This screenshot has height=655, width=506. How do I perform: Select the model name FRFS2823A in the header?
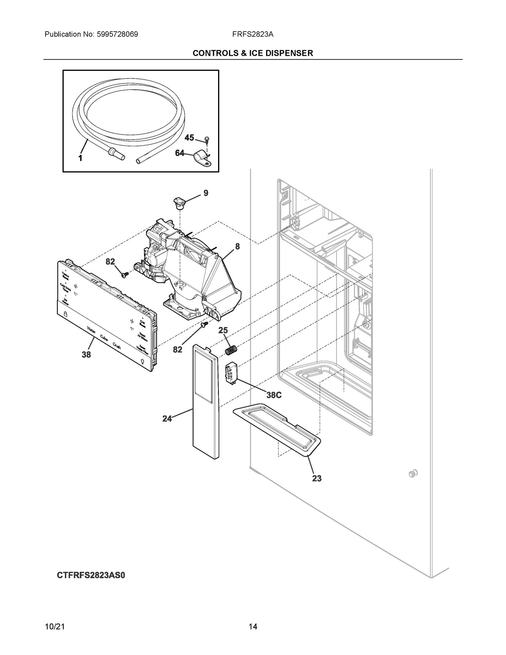tap(253, 34)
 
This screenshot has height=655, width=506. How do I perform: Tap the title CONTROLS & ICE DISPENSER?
tap(253, 53)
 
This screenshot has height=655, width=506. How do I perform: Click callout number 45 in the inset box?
tap(189, 138)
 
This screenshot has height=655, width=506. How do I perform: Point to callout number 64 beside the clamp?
tap(180, 153)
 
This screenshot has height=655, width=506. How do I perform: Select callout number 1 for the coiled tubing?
tap(79, 159)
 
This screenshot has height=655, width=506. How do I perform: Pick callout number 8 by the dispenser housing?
tap(238, 247)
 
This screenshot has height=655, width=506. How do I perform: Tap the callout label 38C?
tap(273, 395)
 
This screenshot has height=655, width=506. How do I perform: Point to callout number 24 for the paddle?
tap(167, 419)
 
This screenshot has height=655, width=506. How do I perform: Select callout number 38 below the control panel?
tap(86, 355)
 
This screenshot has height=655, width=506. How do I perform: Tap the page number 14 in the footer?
tap(253, 626)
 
